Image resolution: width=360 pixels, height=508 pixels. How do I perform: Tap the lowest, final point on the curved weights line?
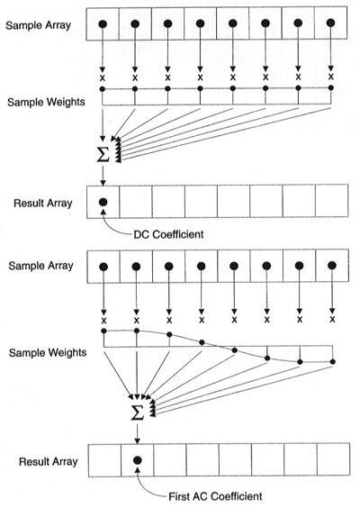pos(332,361)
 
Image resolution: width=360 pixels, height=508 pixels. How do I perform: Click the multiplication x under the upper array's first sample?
pos(103,77)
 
